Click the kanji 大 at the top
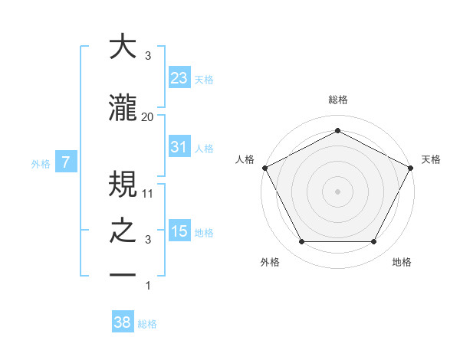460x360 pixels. (123, 47)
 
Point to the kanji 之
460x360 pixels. (123, 231)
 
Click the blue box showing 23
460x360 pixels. (179, 78)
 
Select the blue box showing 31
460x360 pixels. (179, 147)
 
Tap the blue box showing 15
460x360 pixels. (179, 231)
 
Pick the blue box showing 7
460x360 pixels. (67, 162)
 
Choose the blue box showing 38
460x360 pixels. (123, 323)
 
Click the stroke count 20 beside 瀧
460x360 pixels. (148, 116)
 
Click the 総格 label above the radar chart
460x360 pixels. (338, 100)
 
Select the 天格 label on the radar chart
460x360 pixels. (431, 159)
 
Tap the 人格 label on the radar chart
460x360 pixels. (245, 159)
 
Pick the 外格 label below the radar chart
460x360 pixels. (270, 263)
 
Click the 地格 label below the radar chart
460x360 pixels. (402, 263)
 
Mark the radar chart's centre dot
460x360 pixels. (337, 191)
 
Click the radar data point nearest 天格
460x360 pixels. (412, 167)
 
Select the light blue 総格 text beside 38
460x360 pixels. (147, 324)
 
